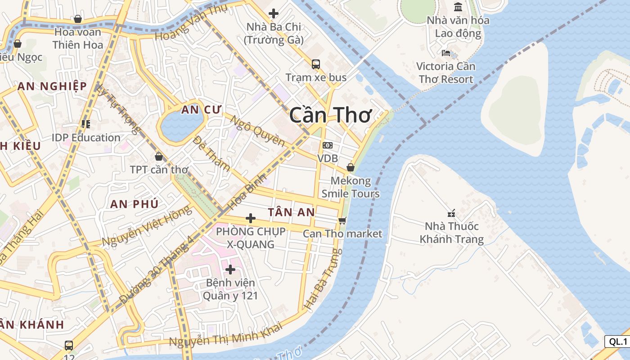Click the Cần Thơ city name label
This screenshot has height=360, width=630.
click(330, 115)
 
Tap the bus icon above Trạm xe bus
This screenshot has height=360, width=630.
click(316, 64)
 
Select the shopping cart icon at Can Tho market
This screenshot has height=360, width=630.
click(342, 220)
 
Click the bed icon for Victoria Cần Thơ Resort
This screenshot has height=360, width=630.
click(446, 53)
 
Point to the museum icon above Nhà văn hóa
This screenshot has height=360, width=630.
click(458, 7)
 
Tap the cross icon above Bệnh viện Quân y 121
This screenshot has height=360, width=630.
click(230, 270)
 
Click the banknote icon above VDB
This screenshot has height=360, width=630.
click(328, 145)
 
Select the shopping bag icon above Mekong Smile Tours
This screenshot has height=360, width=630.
click(351, 168)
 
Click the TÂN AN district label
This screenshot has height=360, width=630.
click(291, 212)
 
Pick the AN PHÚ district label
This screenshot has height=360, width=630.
click(134, 204)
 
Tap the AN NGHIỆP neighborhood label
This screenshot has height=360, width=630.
click(52, 86)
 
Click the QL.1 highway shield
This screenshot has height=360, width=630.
click(617, 342)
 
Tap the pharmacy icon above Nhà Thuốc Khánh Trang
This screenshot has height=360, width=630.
click(451, 213)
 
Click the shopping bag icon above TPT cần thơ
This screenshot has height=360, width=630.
click(158, 157)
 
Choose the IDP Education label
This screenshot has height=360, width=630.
click(86, 137)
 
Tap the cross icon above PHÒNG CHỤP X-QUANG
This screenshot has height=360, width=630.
click(251, 219)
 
